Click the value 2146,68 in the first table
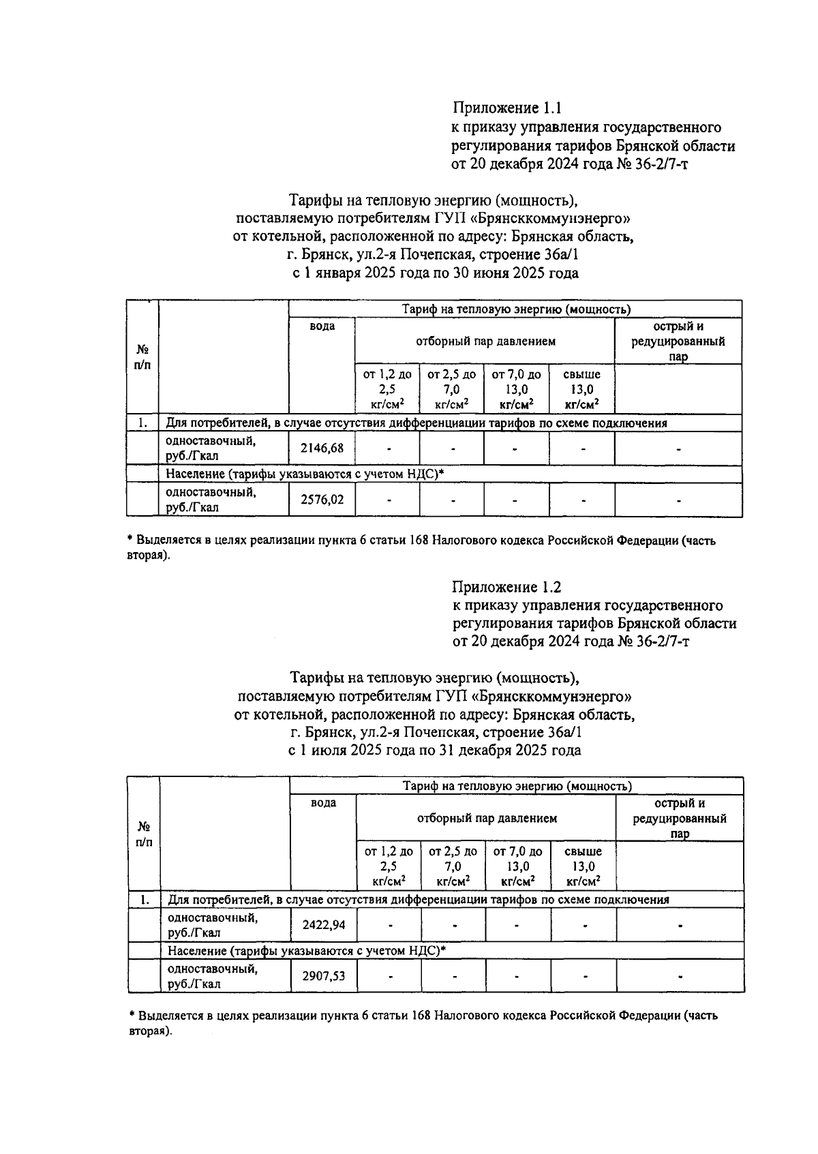322,449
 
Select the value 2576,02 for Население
322,500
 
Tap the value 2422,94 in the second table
323,925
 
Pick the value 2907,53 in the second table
323,976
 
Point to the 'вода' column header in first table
322,327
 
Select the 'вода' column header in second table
323,803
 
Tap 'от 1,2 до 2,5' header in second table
389,866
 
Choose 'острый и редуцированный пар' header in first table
678,341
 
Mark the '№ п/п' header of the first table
142,356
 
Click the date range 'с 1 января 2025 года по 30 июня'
435,273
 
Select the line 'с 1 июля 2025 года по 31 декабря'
435,750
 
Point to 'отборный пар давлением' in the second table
487,818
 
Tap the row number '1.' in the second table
144,899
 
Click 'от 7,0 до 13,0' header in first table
516,389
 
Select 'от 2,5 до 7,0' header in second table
453,866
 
